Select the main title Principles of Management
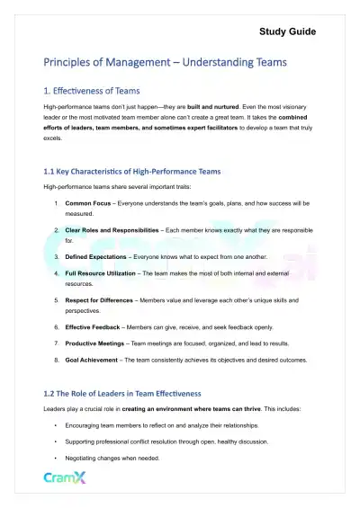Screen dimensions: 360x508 [x=166, y=63]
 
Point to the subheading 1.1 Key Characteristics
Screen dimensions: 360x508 [x=131, y=171]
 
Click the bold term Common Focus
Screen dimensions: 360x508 [x=88, y=204]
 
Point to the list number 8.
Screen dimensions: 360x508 [x=56, y=360]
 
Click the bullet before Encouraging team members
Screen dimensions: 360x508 [x=56, y=424]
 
